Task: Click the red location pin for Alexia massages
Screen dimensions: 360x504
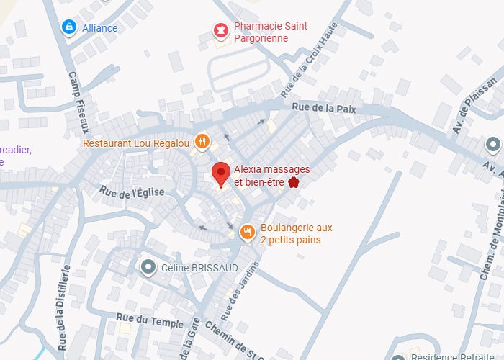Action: (221, 174)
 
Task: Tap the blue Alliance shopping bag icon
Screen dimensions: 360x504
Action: (68, 27)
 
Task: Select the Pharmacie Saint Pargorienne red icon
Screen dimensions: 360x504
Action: (220, 30)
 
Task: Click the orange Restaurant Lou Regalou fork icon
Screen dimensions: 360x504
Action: (202, 141)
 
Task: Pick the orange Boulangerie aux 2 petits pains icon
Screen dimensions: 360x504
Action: (248, 231)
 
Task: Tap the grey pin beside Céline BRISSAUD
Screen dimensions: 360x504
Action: (148, 268)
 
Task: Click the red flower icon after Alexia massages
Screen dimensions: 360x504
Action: (294, 182)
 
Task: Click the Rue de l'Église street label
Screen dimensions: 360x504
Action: (132, 192)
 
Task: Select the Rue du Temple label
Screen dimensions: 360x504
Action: (150, 320)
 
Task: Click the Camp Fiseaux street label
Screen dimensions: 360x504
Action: (78, 102)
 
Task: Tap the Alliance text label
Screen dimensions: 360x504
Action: (100, 27)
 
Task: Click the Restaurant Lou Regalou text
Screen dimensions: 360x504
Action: (136, 143)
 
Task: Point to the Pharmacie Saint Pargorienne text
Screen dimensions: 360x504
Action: (271, 32)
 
